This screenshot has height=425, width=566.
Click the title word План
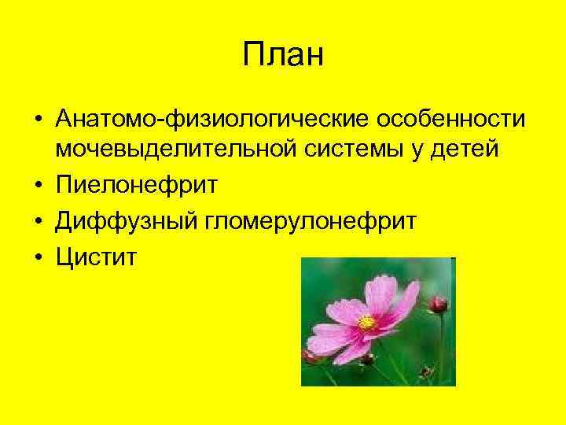pos(283,56)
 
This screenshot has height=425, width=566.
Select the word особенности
pos(441,119)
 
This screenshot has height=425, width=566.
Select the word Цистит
pos(96,257)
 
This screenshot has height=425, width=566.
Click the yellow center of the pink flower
pos(367,322)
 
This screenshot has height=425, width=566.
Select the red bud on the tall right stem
pos(438,304)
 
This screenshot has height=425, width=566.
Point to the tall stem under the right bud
pos(441,346)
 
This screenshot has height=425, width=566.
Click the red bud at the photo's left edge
pos(309,356)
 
